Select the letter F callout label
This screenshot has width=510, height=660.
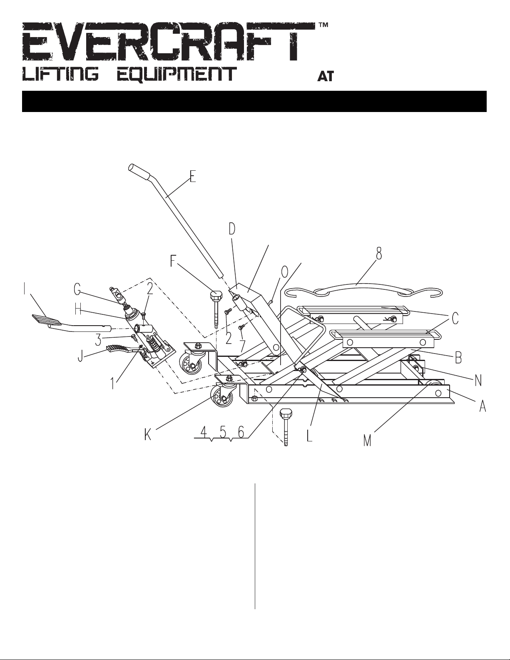point(173,261)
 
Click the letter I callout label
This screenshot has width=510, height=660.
point(25,289)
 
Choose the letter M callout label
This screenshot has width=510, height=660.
point(367,441)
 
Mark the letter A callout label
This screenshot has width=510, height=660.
point(483,406)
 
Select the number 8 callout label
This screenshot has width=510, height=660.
point(378,253)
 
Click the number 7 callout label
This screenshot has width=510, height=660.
point(242,346)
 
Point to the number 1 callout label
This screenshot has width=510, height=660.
point(113,384)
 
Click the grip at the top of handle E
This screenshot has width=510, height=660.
point(139,172)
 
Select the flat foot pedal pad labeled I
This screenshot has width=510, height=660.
point(46,320)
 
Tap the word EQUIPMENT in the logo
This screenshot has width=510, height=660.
point(177,74)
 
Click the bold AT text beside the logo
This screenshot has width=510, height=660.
point(326,76)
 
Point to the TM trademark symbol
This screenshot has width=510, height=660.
point(323,25)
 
